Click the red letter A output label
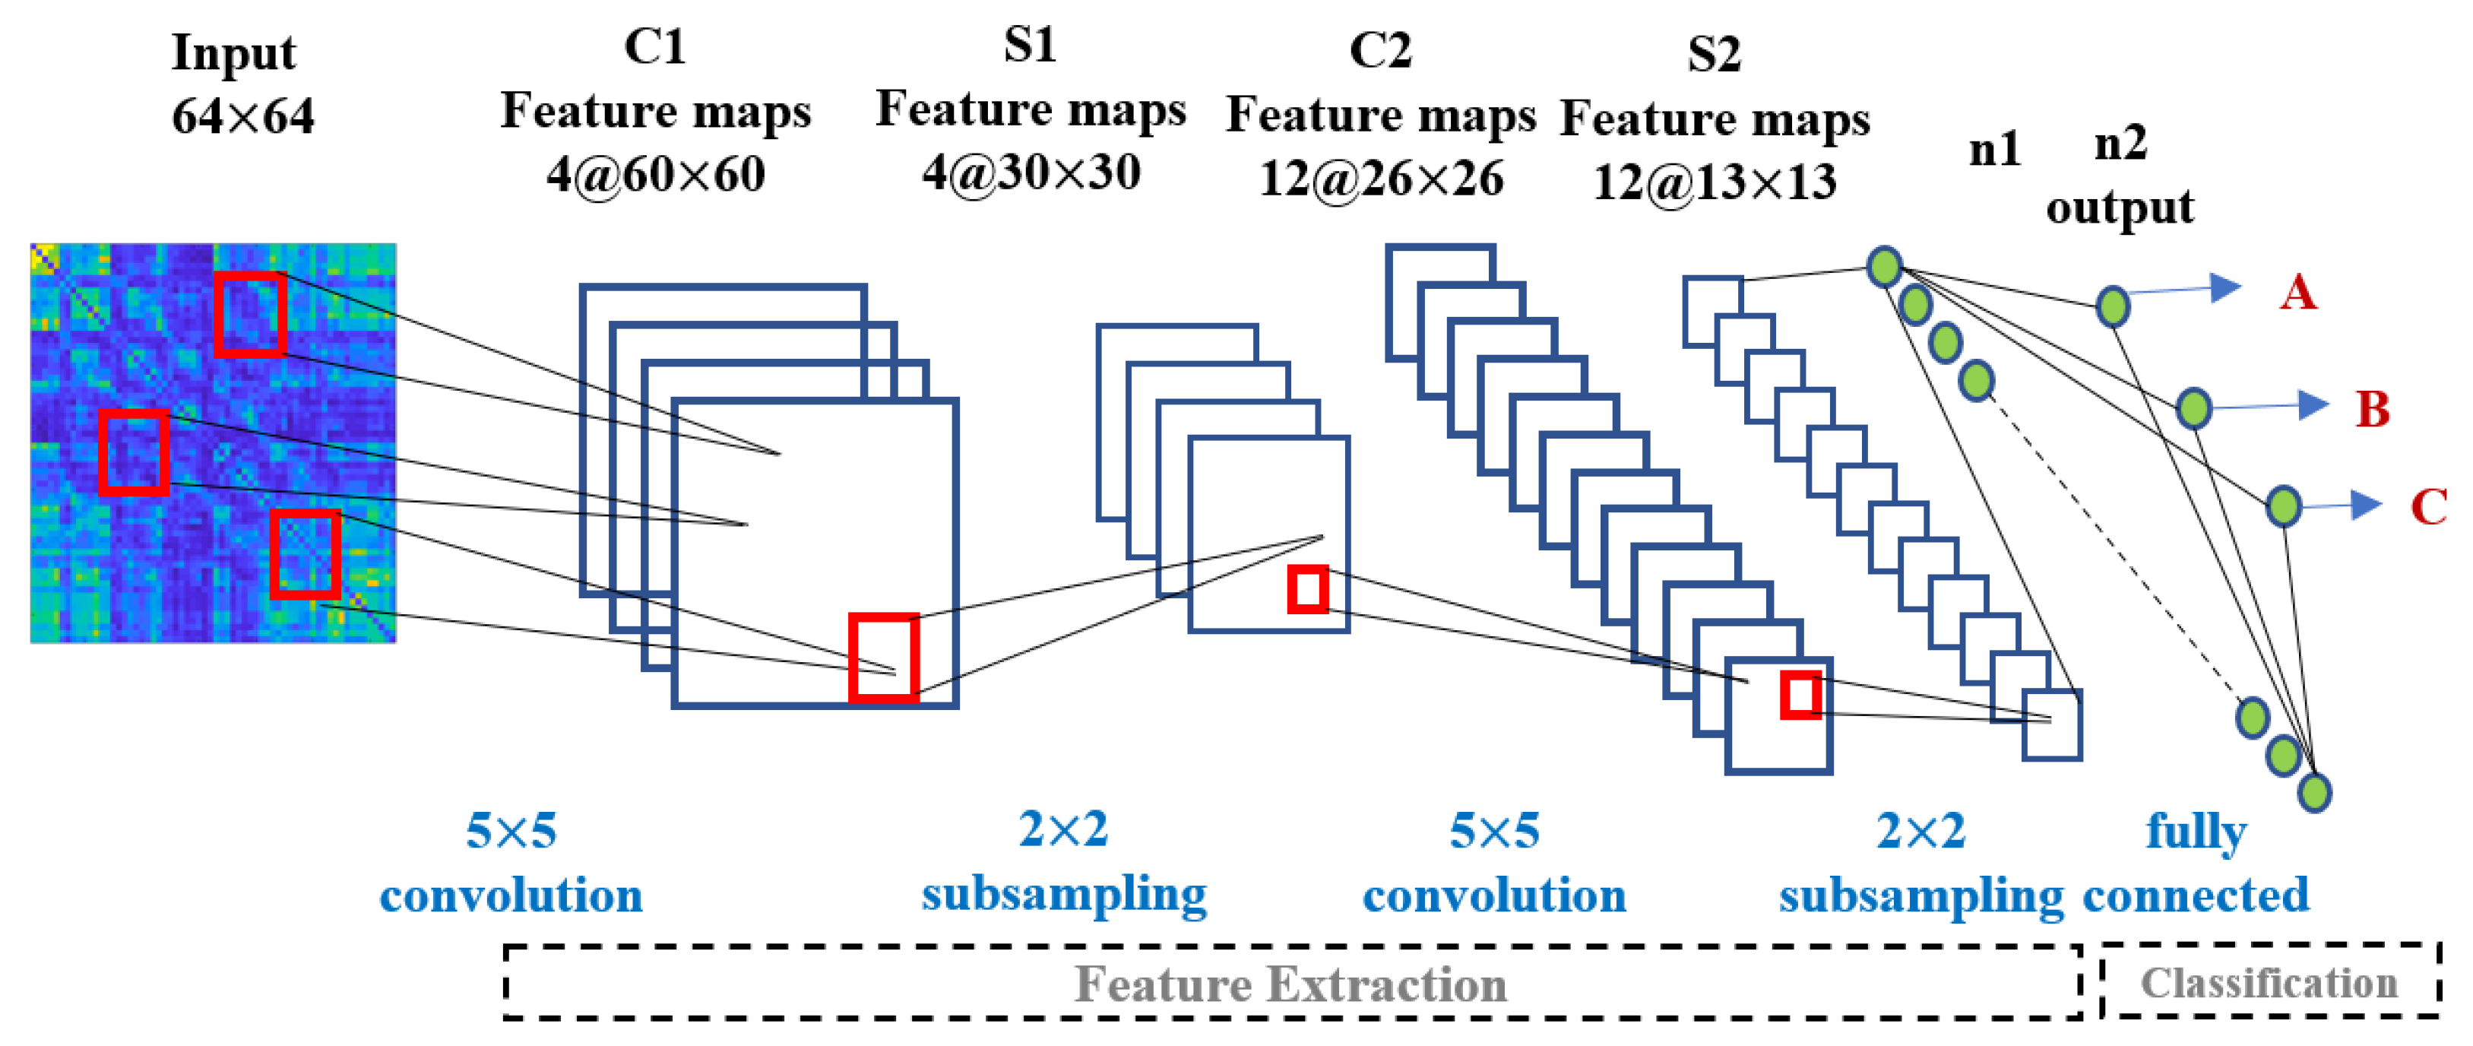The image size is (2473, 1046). (x=2298, y=292)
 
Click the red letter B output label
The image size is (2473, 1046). (x=2371, y=409)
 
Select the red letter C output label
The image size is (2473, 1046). (x=2428, y=506)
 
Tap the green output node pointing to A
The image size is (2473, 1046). (x=2112, y=307)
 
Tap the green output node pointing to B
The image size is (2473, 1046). (x=2193, y=409)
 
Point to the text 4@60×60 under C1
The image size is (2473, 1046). (x=656, y=175)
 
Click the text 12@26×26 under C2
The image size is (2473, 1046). (x=1380, y=179)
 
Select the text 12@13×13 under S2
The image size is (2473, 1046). (x=1714, y=182)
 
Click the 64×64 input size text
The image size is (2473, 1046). (x=243, y=117)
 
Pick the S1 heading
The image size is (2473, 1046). (x=1030, y=45)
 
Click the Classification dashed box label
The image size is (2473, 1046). (x=2269, y=983)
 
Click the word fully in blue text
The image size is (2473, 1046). (x=2196, y=831)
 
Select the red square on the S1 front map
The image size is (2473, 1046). (x=1307, y=589)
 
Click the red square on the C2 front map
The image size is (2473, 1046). (x=1801, y=695)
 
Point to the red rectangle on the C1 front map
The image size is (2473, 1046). (x=884, y=659)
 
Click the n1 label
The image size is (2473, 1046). (x=1994, y=150)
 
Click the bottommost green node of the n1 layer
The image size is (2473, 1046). (x=2313, y=792)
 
